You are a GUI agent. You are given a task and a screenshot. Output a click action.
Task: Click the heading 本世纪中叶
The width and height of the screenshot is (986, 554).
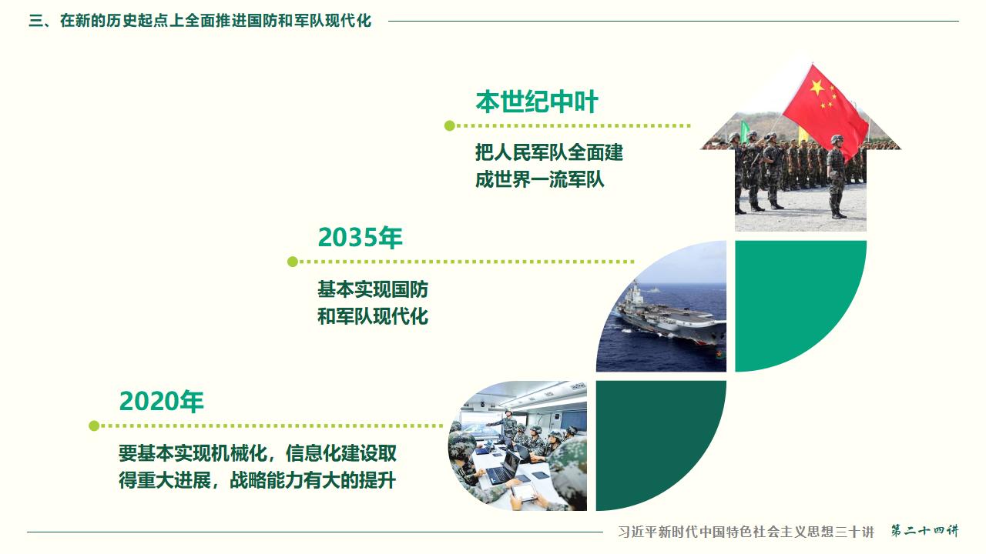(536, 102)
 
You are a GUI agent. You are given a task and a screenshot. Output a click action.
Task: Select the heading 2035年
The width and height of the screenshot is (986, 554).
(360, 238)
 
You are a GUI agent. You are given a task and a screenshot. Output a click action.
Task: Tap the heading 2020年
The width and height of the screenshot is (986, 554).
(161, 402)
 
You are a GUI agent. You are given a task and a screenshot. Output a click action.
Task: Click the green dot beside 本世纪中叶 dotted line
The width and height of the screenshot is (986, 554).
(450, 125)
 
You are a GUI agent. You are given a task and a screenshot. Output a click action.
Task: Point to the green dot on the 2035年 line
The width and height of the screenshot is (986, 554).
(293, 262)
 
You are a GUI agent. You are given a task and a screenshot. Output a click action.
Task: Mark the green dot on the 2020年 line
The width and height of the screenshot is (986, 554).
(94, 426)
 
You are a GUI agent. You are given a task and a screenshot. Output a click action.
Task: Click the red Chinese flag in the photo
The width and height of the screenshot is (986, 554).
(824, 108)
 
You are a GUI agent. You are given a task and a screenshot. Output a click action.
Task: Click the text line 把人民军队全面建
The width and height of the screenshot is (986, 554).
(548, 152)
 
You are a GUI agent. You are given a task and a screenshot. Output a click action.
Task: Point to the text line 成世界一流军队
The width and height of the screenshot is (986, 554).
(539, 179)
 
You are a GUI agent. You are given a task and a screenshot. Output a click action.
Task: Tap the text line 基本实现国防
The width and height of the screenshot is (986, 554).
(373, 289)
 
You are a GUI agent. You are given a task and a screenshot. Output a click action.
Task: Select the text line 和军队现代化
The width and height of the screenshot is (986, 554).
(373, 316)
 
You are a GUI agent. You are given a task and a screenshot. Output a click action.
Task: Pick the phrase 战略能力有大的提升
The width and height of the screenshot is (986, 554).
(313, 480)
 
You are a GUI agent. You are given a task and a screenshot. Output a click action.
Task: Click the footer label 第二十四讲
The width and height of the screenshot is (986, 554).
(924, 532)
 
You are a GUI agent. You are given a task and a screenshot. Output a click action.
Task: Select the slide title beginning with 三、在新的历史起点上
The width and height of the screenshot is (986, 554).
(200, 21)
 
